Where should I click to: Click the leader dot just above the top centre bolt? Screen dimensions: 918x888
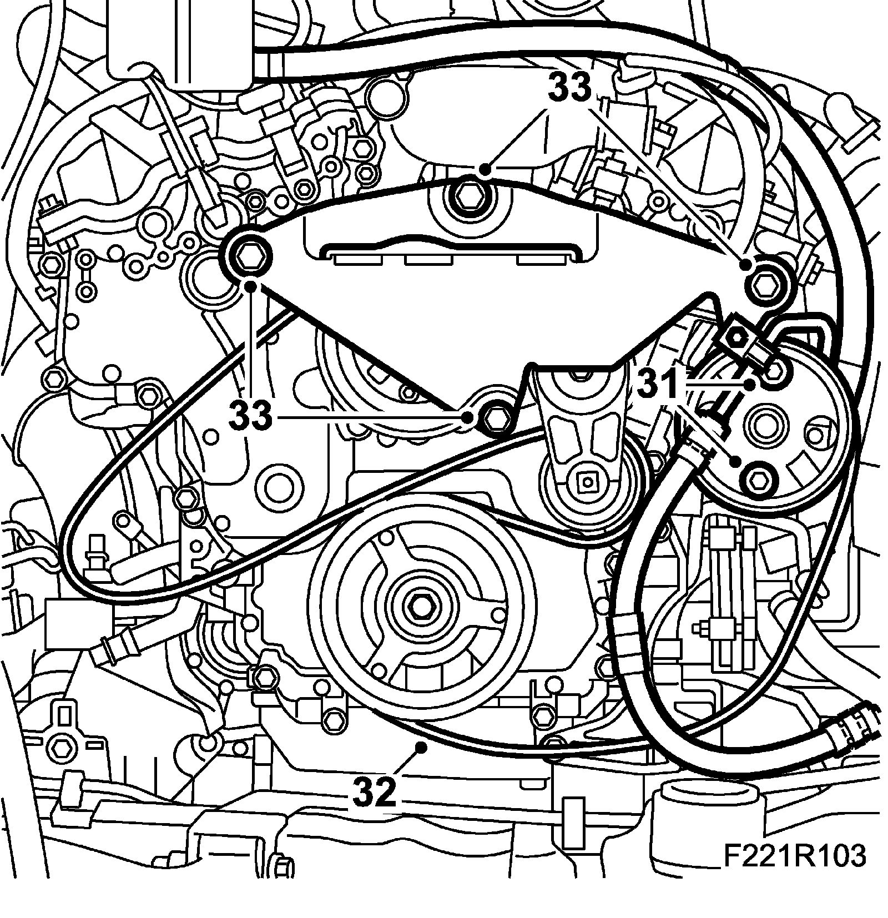485,168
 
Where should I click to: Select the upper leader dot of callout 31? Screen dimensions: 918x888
750,384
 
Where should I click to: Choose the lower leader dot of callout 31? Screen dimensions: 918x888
736,461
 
